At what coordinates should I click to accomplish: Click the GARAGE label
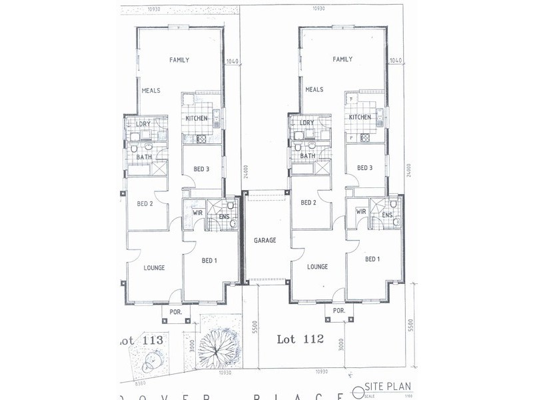(265, 240)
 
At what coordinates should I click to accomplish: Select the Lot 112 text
(300, 339)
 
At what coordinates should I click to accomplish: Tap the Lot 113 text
(141, 340)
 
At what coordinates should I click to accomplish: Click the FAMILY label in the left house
(179, 60)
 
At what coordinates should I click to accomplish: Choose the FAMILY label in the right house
(342, 60)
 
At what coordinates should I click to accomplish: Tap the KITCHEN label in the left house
(197, 119)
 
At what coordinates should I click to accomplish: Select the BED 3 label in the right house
(364, 168)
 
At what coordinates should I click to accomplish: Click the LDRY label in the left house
(143, 123)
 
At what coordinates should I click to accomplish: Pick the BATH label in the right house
(307, 157)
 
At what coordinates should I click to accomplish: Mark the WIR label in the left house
(198, 213)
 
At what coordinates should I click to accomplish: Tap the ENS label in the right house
(387, 215)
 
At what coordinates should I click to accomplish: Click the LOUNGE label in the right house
(317, 267)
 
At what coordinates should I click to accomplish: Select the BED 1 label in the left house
(209, 260)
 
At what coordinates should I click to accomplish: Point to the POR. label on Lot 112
(338, 311)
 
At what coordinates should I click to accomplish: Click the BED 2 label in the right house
(308, 203)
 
